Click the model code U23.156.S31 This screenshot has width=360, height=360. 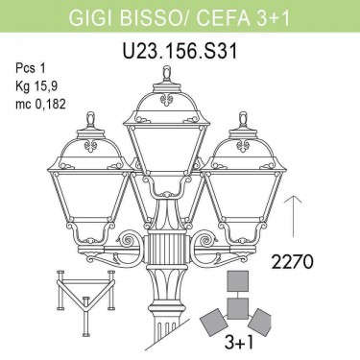point(180,51)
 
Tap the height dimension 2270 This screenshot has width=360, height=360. point(292,262)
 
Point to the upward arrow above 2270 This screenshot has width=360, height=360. point(293,216)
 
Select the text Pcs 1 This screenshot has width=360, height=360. point(31,69)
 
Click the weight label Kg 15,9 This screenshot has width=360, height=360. point(36,86)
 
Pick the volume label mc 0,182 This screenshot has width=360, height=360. point(40,104)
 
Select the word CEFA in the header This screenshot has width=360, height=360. point(223,17)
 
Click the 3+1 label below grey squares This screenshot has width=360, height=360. point(239,343)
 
